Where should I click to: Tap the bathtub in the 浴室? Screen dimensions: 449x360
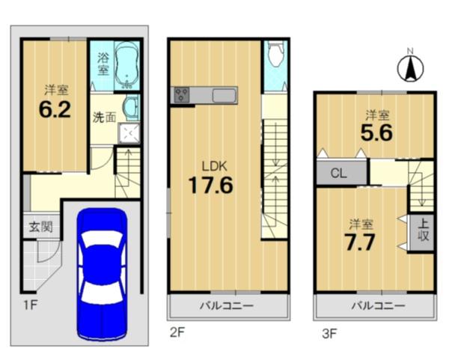click(127, 66)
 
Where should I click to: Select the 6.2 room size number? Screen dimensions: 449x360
click(55, 110)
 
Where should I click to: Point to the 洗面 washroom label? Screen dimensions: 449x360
click(104, 118)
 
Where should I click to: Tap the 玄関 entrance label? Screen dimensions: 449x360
click(41, 228)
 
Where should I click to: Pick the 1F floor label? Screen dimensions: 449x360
click(30, 305)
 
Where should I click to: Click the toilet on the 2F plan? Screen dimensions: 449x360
click(275, 54)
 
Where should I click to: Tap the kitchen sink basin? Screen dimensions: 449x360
click(224, 95)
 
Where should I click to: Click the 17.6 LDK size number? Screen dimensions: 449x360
click(211, 185)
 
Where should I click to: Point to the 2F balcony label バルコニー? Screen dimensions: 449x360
click(227, 306)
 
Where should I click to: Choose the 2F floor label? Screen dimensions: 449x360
click(177, 332)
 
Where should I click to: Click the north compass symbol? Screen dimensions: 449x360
click(410, 68)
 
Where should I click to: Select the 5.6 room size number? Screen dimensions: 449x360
click(376, 133)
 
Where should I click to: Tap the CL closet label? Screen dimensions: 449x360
click(339, 173)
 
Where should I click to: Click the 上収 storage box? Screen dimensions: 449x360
click(422, 231)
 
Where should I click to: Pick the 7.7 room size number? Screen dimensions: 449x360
click(360, 242)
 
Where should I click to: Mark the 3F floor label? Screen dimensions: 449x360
click(329, 334)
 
